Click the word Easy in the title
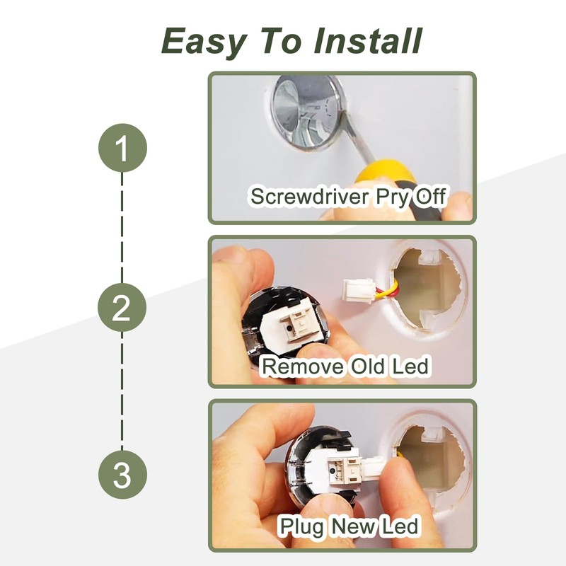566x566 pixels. [x=204, y=42]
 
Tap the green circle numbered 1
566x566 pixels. [x=122, y=148]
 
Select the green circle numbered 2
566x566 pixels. [x=122, y=308]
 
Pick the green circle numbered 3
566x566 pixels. [x=122, y=474]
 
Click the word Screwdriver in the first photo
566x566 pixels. [x=310, y=196]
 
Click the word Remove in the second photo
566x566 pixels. [x=303, y=366]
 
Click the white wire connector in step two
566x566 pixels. [x=357, y=289]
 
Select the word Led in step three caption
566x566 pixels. [x=400, y=526]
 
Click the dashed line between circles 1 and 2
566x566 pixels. [x=122, y=228]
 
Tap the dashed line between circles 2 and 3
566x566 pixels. [x=122, y=391]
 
